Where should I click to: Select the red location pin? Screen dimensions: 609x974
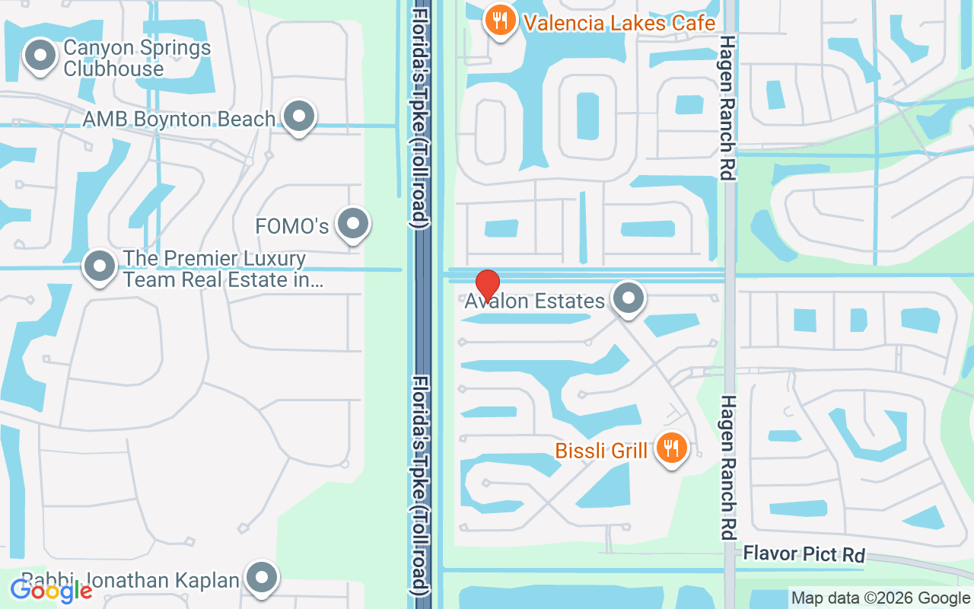(x=487, y=284)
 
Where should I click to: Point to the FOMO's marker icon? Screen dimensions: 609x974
(x=352, y=224)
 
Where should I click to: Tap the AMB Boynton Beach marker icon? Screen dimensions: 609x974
(x=299, y=116)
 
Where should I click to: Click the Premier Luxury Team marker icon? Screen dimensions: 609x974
(x=100, y=266)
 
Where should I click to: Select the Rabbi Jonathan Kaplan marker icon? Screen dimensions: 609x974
(x=263, y=578)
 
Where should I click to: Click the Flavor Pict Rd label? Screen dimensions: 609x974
(x=804, y=554)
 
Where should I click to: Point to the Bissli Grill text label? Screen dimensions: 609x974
(x=601, y=451)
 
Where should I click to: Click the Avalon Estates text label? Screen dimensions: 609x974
(x=535, y=301)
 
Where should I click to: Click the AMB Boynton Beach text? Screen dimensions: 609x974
(x=179, y=120)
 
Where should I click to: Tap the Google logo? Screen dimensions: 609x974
(x=51, y=590)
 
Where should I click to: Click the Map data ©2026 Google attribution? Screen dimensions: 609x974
(x=880, y=598)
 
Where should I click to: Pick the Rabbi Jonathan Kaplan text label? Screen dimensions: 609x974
(x=131, y=580)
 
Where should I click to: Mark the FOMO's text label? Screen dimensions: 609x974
(x=292, y=226)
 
